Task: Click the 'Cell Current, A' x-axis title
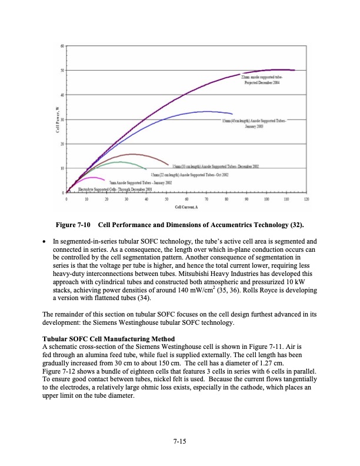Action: click(x=186, y=207)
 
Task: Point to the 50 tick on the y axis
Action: click(x=62, y=71)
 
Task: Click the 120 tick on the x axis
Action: click(x=306, y=199)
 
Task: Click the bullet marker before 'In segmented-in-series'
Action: click(x=46, y=242)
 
